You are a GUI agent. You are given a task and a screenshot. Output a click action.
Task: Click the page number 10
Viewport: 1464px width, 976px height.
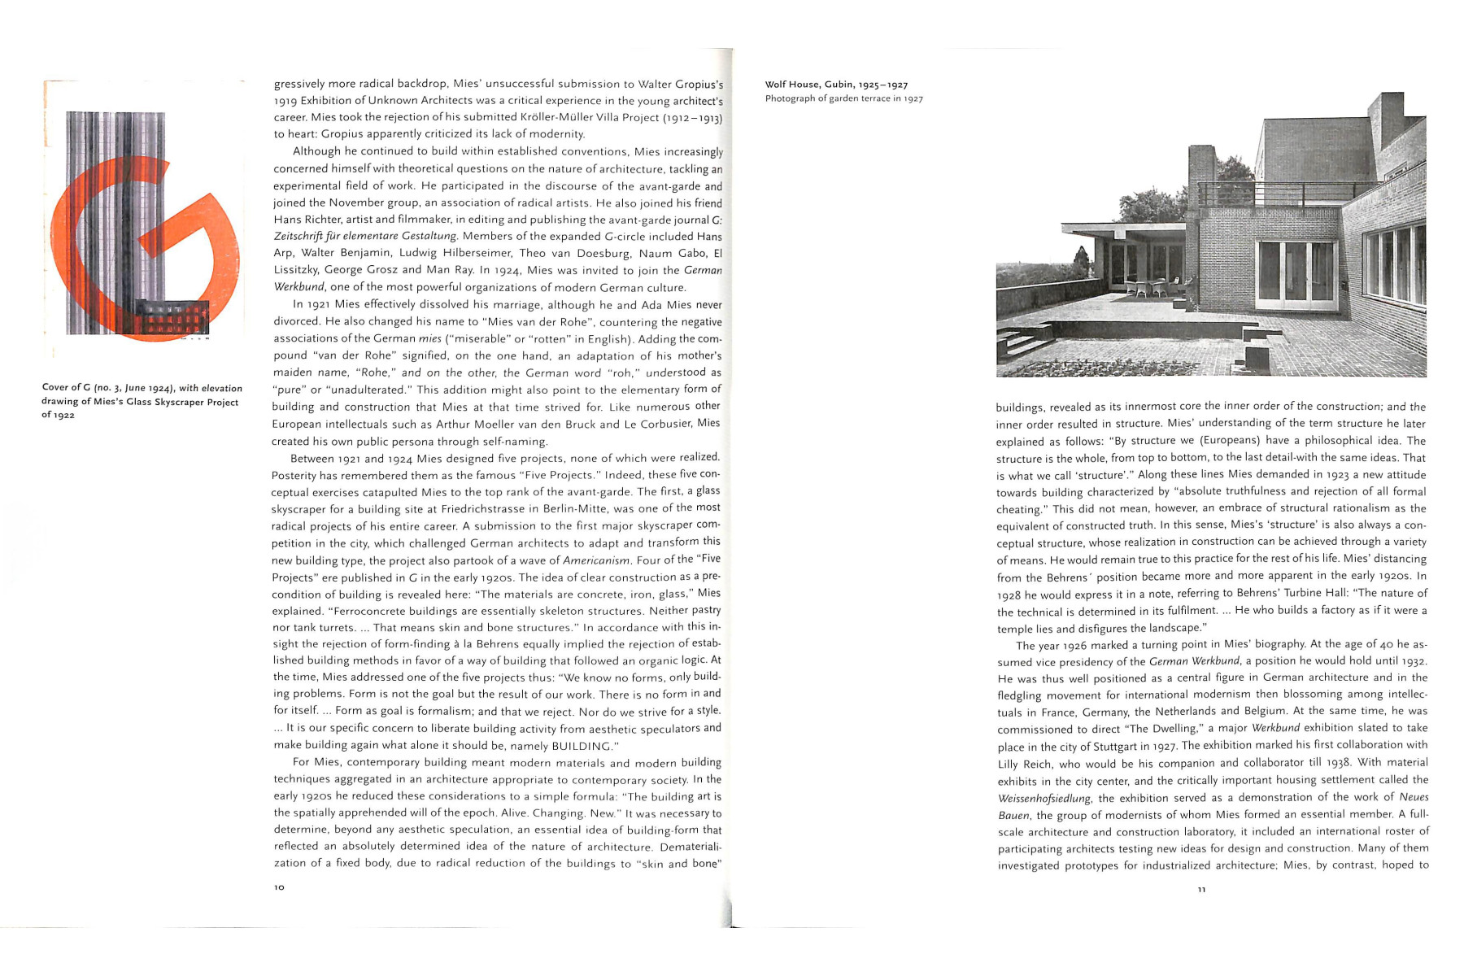pyautogui.click(x=279, y=887)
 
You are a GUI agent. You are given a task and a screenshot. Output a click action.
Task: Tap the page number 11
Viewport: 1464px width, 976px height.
pyautogui.click(x=1201, y=889)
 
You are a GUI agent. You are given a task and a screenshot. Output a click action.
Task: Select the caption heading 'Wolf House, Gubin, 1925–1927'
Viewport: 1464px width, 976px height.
pyautogui.click(x=836, y=85)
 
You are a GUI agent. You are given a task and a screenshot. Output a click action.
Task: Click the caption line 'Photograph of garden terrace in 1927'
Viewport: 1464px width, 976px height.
pyautogui.click(x=843, y=99)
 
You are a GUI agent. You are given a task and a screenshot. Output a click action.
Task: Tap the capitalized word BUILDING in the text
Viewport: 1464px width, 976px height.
pyautogui.click(x=581, y=746)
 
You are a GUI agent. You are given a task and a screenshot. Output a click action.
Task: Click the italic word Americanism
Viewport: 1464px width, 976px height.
pyautogui.click(x=596, y=560)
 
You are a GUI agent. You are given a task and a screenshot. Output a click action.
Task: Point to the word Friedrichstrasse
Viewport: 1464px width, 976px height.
pyautogui.click(x=464, y=509)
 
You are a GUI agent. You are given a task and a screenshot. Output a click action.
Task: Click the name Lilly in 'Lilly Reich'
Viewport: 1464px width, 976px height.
pyautogui.click(x=1011, y=764)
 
